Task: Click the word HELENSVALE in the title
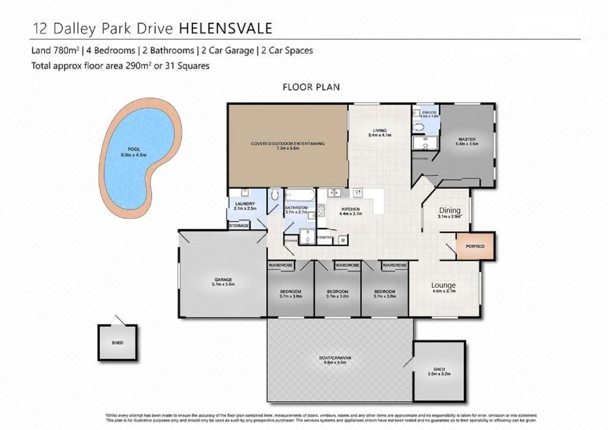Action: [x=225, y=29]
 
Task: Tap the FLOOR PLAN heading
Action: [x=311, y=87]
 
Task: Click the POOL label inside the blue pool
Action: [x=134, y=150]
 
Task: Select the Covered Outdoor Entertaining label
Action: [x=287, y=144]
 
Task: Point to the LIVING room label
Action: [x=380, y=131]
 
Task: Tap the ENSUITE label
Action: [x=429, y=113]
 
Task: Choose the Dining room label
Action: [x=450, y=210]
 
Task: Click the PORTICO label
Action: [x=475, y=246]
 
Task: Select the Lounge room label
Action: [x=443, y=285]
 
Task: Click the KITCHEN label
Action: [x=350, y=209]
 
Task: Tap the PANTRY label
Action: [x=324, y=238]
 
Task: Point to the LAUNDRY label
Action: [x=245, y=204]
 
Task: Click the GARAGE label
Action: [x=223, y=280]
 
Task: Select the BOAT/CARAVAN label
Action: [x=335, y=358]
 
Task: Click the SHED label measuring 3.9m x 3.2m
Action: [x=439, y=369]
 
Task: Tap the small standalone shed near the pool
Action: [x=118, y=343]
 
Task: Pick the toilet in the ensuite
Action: [x=419, y=127]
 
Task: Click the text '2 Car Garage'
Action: [x=228, y=51]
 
